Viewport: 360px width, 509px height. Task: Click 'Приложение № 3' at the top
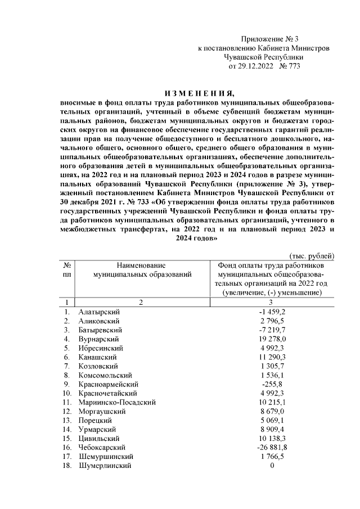point(269,39)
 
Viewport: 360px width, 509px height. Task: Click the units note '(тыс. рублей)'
point(313,256)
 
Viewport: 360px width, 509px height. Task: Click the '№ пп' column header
point(67,269)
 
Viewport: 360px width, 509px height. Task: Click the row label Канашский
point(98,357)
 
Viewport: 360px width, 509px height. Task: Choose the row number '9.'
point(66,384)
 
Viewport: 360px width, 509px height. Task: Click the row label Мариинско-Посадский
point(117,402)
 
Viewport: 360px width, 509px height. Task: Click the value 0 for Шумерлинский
point(272,466)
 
